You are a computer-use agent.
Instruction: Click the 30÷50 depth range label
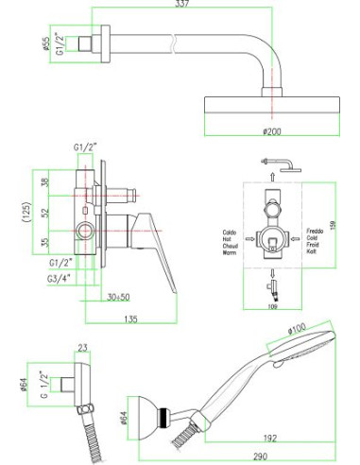[117, 298]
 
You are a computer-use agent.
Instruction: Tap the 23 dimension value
[82, 349]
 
